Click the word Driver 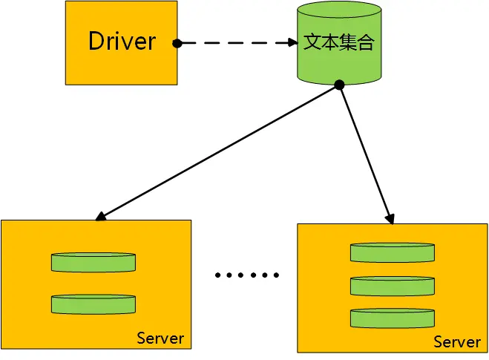point(122,41)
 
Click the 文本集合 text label point(338,42)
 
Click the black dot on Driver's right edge point(177,43)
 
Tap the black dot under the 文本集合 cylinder point(339,85)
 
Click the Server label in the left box point(160,338)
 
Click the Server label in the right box point(457,342)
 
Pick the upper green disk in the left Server point(93,261)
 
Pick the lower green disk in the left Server point(93,303)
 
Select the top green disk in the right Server point(392,252)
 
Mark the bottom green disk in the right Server point(392,318)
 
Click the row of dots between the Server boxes point(246,275)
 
